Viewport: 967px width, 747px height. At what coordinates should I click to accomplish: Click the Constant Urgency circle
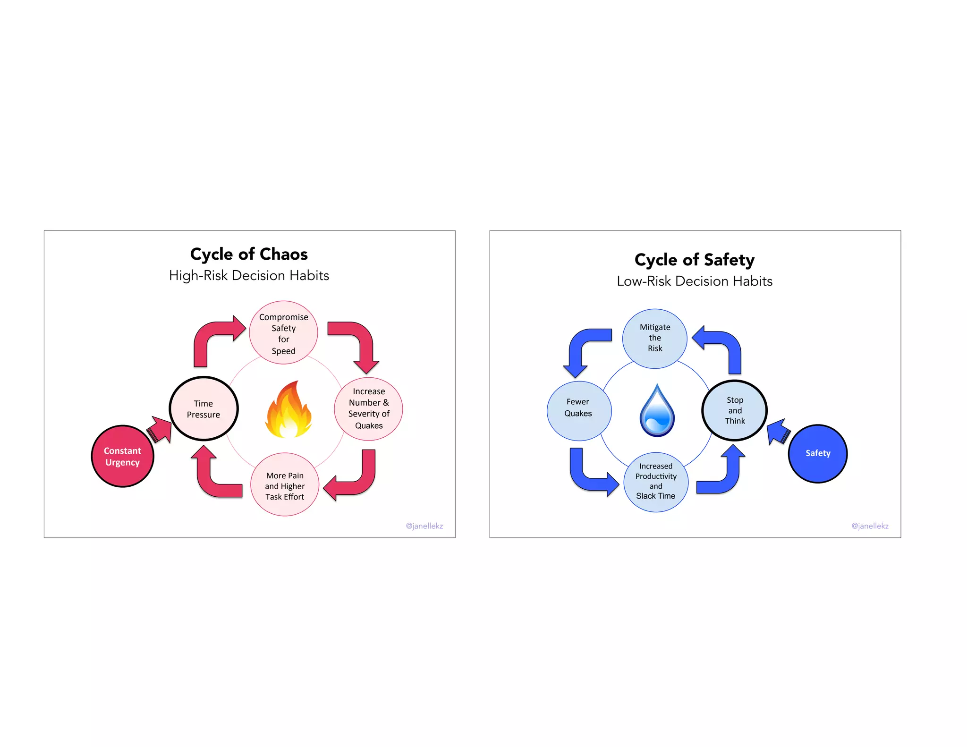[x=122, y=456]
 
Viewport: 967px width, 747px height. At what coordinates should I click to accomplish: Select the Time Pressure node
[x=204, y=409]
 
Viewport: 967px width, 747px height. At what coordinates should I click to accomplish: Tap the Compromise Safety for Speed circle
[x=283, y=333]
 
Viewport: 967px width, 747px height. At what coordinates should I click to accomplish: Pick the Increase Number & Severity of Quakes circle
[x=369, y=408]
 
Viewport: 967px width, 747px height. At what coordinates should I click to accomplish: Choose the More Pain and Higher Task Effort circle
[x=285, y=485]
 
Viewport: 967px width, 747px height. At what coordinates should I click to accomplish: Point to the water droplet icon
[x=657, y=411]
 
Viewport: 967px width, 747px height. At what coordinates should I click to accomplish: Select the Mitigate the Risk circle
[x=655, y=338]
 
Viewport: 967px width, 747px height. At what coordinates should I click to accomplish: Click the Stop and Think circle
[x=735, y=410]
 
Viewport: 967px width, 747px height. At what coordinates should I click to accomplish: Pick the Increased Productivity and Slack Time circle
[x=656, y=482]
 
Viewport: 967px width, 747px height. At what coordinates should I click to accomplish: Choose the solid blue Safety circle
[x=818, y=453]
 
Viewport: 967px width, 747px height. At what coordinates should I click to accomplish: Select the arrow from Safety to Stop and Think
[x=778, y=431]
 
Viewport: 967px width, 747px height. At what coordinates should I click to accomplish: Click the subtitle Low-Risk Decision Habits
[x=695, y=281]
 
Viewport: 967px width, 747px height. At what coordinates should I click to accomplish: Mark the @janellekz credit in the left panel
[x=424, y=526]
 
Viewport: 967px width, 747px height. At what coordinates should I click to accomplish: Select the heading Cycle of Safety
[x=695, y=260]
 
